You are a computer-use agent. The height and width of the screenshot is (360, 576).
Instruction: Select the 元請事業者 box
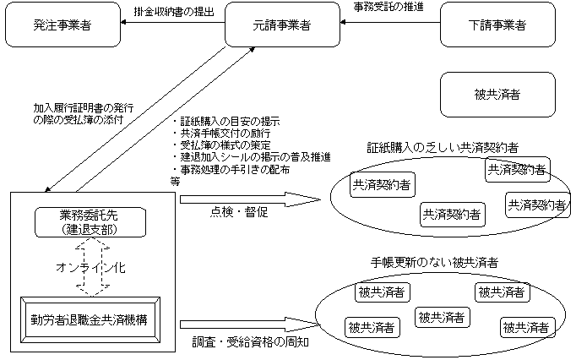(281, 25)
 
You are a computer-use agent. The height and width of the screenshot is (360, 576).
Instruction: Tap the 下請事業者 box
(497, 25)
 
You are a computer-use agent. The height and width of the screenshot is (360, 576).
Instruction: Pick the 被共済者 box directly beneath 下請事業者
(497, 94)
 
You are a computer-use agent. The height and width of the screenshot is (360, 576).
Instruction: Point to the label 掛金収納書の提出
(175, 11)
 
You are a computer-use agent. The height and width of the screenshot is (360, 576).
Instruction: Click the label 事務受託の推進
(387, 8)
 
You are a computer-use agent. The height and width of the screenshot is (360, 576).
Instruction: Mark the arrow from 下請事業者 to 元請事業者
(389, 25)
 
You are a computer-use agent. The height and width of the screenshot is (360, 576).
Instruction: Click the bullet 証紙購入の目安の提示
(229, 122)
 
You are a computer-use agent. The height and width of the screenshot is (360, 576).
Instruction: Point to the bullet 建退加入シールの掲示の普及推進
(251, 157)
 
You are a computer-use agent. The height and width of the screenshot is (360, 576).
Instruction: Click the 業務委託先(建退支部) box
(94, 222)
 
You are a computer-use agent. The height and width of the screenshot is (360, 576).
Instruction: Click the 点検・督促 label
(238, 212)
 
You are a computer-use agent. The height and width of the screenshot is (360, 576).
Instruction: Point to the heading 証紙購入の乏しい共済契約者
(443, 147)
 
